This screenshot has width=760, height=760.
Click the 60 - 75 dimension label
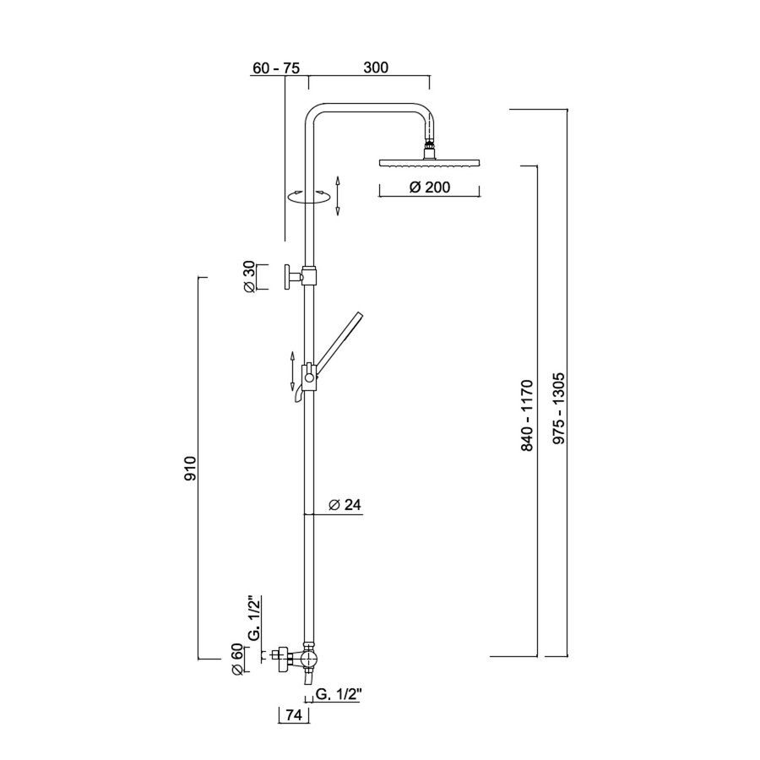[x=276, y=68]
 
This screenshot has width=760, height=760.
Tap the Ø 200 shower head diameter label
[x=429, y=187]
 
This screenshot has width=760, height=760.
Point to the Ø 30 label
[x=249, y=276]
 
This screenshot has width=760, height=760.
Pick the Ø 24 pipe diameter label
[x=344, y=504]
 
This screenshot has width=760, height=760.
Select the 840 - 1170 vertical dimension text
[x=528, y=414]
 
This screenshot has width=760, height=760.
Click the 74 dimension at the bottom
[x=293, y=715]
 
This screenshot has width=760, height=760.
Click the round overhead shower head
[x=431, y=163]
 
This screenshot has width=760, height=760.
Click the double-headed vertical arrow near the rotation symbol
[x=337, y=196]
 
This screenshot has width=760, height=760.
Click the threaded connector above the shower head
[x=431, y=149]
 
